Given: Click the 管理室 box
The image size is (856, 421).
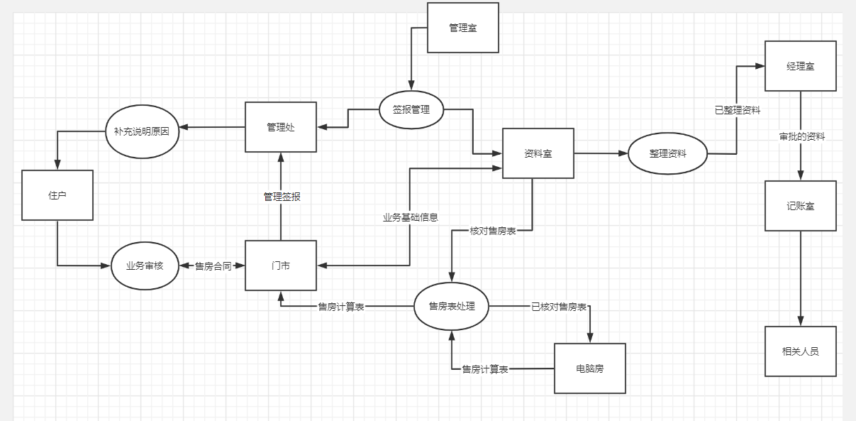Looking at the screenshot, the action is (x=463, y=28).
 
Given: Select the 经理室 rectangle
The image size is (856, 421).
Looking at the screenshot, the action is (x=800, y=66).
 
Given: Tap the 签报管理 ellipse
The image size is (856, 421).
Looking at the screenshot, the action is (x=411, y=110).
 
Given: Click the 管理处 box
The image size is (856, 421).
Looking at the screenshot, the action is (x=281, y=127).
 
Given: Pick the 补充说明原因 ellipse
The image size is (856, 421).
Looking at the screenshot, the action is (x=142, y=131).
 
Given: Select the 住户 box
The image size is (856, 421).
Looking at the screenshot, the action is (x=57, y=195).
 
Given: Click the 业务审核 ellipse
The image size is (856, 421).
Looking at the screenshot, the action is (x=145, y=266).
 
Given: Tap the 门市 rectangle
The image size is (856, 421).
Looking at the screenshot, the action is (x=281, y=266).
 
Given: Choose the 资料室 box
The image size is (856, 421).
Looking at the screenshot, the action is (x=538, y=153).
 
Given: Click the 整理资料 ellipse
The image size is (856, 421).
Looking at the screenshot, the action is (x=667, y=153).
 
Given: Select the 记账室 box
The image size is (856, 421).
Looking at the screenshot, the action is (x=800, y=206).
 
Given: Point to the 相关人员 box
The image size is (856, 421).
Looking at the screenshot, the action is (x=800, y=351).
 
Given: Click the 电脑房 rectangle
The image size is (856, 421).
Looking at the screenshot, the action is (x=590, y=368).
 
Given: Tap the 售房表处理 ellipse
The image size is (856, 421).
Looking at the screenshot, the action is (x=451, y=306).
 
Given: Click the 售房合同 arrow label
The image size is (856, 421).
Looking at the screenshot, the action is (x=213, y=266).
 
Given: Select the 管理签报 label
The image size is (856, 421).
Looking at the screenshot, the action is (x=282, y=197).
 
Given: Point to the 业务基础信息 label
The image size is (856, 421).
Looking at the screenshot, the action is (x=411, y=217).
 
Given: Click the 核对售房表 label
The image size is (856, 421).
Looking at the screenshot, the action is (x=493, y=231).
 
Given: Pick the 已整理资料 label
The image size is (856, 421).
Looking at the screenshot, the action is (x=738, y=110).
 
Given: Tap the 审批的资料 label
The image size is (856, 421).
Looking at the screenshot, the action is (x=802, y=136).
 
